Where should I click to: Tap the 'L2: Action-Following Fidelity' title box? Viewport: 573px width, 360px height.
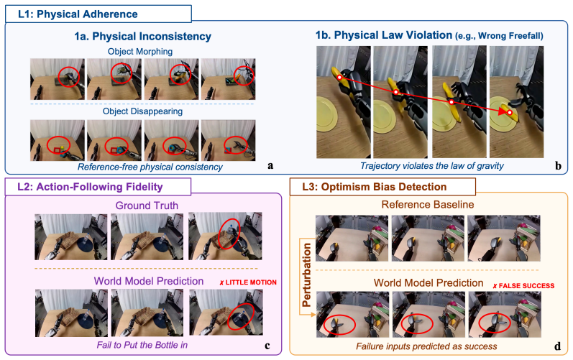(x=98, y=187)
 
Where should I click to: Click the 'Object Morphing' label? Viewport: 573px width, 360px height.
(x=140, y=52)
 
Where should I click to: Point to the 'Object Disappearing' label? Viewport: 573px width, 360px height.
(x=142, y=111)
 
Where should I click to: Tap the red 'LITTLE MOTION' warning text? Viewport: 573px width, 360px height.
(x=248, y=282)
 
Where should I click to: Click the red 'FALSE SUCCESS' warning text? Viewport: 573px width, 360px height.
(x=523, y=285)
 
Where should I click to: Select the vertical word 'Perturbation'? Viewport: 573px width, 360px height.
(x=306, y=275)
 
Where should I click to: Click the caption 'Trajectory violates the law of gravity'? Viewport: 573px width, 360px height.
(x=432, y=166)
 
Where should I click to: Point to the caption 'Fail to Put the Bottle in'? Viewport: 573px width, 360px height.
(x=142, y=345)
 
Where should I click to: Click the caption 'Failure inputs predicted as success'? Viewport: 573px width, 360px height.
(x=426, y=346)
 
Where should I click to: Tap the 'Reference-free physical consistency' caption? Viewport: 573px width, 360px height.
(x=150, y=167)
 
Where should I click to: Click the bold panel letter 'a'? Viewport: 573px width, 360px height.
(x=270, y=166)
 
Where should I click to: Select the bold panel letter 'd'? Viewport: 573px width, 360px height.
(x=558, y=346)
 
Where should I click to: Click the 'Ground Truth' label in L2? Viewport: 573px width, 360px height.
(x=147, y=206)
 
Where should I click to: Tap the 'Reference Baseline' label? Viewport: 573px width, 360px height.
(x=428, y=205)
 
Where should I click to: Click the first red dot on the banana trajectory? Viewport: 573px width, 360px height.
(x=339, y=78)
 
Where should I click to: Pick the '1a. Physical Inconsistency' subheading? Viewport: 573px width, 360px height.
(x=143, y=37)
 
